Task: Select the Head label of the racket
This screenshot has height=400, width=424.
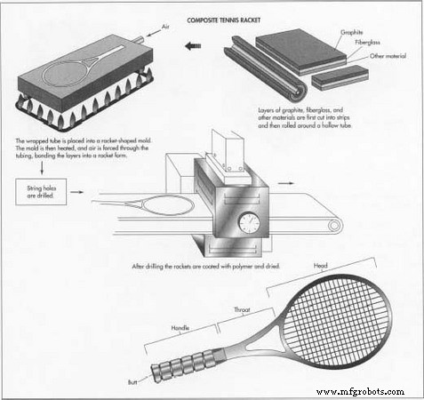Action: [x=320, y=264]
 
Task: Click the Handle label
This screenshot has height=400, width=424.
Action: [x=181, y=327]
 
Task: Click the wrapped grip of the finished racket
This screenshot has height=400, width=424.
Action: [x=183, y=365]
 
